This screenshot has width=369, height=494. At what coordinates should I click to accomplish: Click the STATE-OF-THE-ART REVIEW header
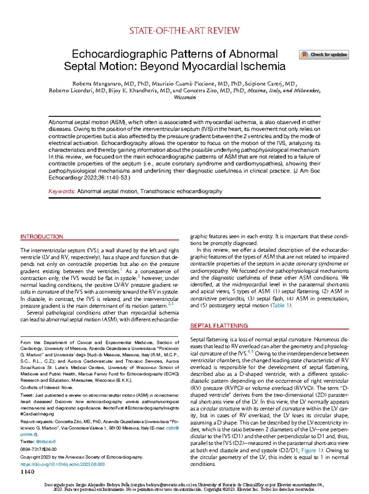point(184,31)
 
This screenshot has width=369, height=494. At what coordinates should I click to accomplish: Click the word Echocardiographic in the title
point(120,54)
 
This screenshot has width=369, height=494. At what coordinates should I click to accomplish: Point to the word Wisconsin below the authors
point(185,98)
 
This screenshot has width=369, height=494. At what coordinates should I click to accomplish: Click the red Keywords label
point(61,191)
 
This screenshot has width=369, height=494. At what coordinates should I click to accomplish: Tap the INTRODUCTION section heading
point(42,237)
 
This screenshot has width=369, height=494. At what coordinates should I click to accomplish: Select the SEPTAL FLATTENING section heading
point(219,326)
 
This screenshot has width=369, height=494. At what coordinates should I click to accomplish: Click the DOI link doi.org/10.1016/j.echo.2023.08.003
point(62,464)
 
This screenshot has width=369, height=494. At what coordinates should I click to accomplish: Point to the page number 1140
point(27,472)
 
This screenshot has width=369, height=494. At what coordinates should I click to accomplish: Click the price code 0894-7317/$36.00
point(38,449)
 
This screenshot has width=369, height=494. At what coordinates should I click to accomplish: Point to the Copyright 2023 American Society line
point(81,457)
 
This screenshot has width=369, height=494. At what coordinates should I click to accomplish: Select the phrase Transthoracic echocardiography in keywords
point(181,191)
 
